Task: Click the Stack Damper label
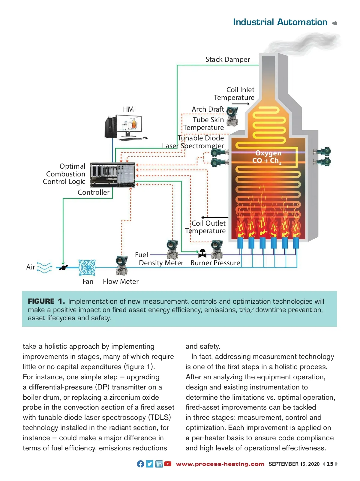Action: point(227,59)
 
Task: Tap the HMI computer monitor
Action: point(131,126)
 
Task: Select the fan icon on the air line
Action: point(87,267)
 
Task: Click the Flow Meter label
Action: point(121,281)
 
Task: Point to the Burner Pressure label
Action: point(215,263)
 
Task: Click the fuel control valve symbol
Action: point(202,254)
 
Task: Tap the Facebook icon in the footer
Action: point(140,464)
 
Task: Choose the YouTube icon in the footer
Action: point(168,464)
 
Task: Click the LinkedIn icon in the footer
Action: point(159,464)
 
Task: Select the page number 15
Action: point(330,464)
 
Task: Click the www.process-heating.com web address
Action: point(220,464)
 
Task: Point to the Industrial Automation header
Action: point(280,22)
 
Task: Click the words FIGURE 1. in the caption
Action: point(46,301)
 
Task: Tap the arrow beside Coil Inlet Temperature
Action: point(241,104)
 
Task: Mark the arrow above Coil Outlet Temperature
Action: point(214,217)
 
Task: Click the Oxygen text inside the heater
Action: point(268,153)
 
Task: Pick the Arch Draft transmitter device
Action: point(232,116)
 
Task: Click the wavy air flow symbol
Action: point(44,268)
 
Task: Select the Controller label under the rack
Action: point(93,192)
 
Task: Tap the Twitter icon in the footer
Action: point(150,464)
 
